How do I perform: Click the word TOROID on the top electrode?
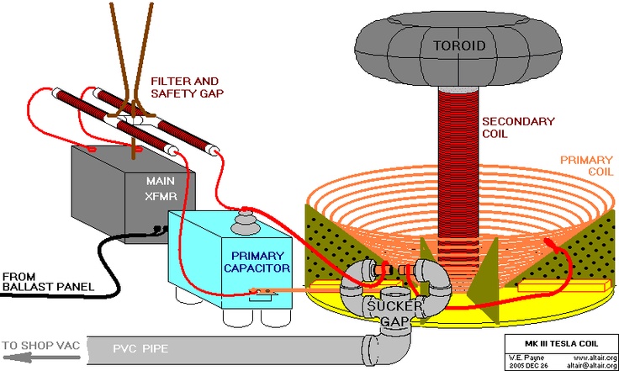459,45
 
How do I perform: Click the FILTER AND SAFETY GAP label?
188,87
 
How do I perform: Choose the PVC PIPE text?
143,345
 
